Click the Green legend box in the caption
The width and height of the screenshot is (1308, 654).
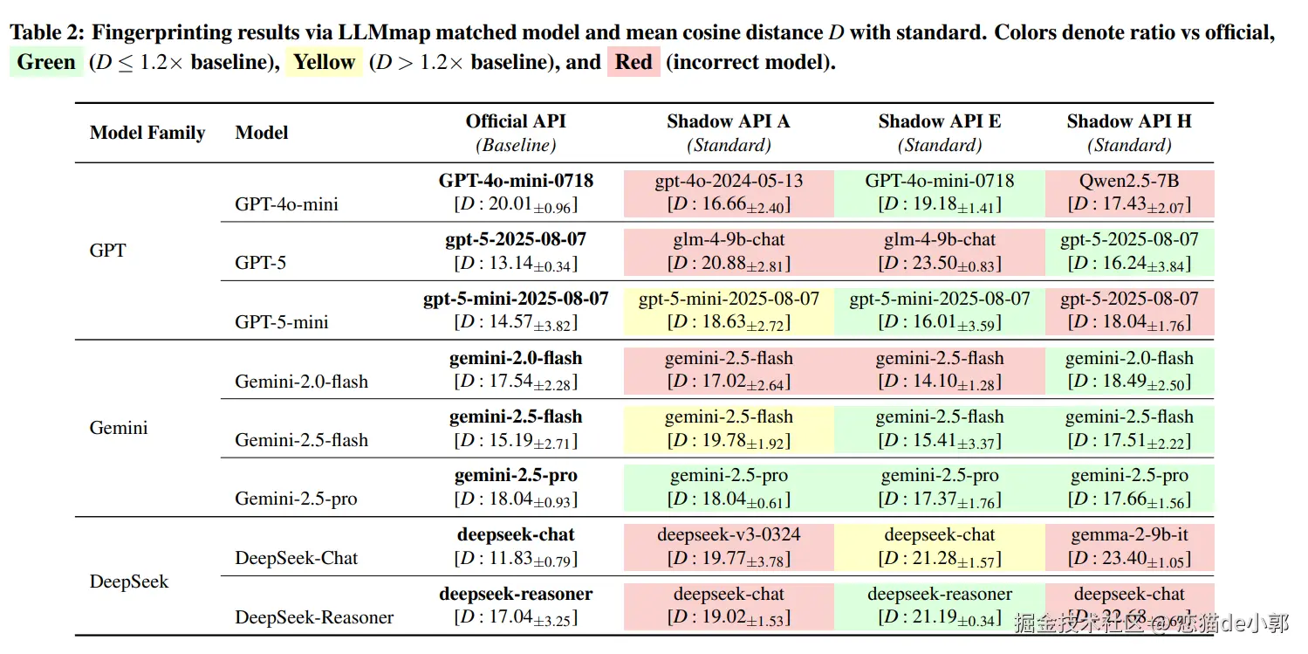coord(46,63)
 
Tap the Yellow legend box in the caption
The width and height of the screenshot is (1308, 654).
coord(324,63)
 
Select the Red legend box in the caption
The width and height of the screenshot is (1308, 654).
coord(633,63)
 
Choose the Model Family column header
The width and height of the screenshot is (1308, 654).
coord(147,133)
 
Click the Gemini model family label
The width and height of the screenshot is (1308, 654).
coord(119,428)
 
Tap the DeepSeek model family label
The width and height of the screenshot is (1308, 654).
coord(128,582)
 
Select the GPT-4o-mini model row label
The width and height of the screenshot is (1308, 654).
coord(287,204)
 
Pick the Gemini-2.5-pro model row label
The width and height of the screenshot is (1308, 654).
coord(296,499)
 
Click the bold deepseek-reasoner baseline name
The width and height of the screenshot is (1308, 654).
coord(516,594)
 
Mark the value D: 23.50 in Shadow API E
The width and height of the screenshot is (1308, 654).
coord(940,264)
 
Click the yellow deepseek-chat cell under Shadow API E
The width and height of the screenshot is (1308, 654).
coord(940,546)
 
